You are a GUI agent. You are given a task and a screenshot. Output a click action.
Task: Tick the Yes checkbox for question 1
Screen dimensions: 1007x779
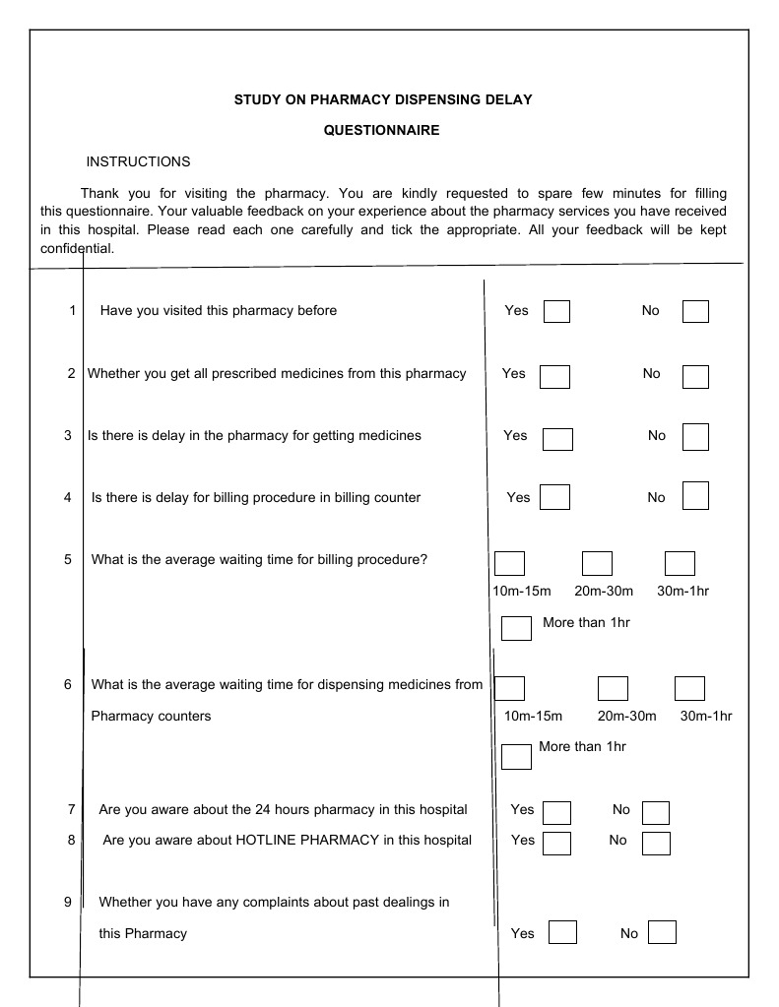pyautogui.click(x=556, y=311)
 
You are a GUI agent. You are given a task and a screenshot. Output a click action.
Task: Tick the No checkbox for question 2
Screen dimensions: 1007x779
pyautogui.click(x=695, y=376)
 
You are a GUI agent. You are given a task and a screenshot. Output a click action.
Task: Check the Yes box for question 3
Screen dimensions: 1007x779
pyautogui.click(x=557, y=438)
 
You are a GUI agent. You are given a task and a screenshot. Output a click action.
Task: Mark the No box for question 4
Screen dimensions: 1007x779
pyautogui.click(x=695, y=495)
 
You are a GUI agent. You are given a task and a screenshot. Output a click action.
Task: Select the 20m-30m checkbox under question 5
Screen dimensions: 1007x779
pyautogui.click(x=597, y=563)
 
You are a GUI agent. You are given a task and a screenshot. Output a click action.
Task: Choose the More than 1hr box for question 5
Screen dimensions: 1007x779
pyautogui.click(x=516, y=627)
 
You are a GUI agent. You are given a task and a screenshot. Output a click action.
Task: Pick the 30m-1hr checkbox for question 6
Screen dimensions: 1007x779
pyautogui.click(x=689, y=688)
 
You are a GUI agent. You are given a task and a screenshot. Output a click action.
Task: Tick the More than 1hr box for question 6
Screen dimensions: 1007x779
pyautogui.click(x=516, y=756)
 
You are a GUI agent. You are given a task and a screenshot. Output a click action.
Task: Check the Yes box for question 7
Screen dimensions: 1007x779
pyautogui.click(x=556, y=812)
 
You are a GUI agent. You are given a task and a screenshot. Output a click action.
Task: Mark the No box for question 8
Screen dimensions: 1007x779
pyautogui.click(x=656, y=843)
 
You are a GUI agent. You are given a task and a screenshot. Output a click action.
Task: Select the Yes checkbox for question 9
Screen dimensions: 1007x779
pyautogui.click(x=562, y=932)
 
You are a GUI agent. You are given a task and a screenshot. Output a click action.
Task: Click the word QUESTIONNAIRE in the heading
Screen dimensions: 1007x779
pyautogui.click(x=382, y=130)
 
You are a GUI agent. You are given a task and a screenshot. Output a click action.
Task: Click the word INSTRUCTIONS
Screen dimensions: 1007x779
pyautogui.click(x=138, y=161)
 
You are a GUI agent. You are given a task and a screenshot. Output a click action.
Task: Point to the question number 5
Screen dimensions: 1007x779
pyautogui.click(x=68, y=559)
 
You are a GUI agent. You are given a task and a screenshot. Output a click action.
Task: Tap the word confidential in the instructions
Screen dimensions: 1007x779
pyautogui.click(x=78, y=248)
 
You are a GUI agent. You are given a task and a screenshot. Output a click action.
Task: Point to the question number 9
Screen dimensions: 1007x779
pyautogui.click(x=68, y=902)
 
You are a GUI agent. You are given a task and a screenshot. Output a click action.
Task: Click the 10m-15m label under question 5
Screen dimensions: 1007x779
pyautogui.click(x=521, y=591)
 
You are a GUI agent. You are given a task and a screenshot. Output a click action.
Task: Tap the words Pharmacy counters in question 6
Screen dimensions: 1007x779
pyautogui.click(x=151, y=716)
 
